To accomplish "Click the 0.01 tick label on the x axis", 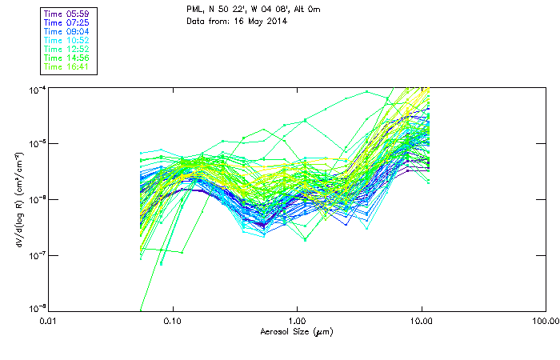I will [x=49, y=319].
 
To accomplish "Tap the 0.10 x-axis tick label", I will [x=173, y=319].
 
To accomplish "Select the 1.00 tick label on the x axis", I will [x=297, y=319].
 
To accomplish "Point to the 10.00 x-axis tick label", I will [x=421, y=319].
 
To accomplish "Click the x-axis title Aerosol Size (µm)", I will [x=297, y=330].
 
